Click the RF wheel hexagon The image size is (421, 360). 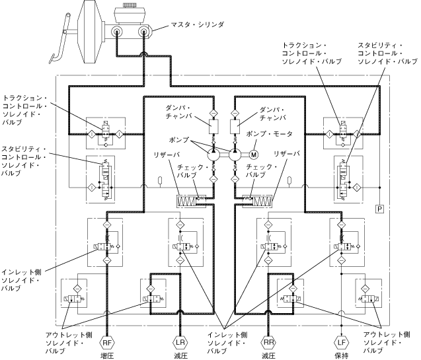pyautogui.click(x=108, y=343)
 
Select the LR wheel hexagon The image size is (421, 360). pyautogui.click(x=179, y=343)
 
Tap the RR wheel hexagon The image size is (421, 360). pyautogui.click(x=268, y=343)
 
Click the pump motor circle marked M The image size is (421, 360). pyautogui.click(x=253, y=155)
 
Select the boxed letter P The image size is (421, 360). pyautogui.click(x=380, y=209)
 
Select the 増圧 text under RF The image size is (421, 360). pyautogui.click(x=108, y=356)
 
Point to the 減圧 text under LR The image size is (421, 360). pyautogui.click(x=179, y=356)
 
